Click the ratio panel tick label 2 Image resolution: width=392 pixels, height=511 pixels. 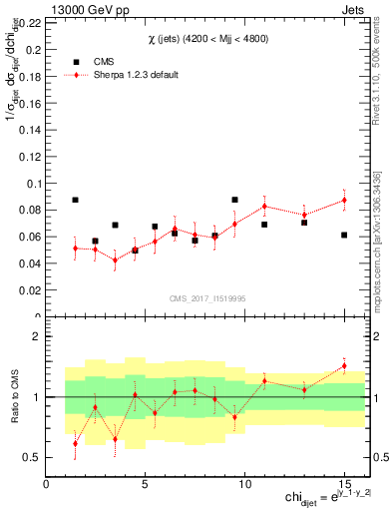(37, 336)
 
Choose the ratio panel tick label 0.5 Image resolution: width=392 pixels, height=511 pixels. (31, 458)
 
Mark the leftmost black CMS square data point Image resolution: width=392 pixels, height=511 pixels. (75, 200)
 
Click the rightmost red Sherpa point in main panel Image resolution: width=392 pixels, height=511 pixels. (344, 200)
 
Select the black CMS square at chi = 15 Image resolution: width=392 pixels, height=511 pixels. (344, 235)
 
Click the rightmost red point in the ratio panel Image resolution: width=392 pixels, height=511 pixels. (344, 365)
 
